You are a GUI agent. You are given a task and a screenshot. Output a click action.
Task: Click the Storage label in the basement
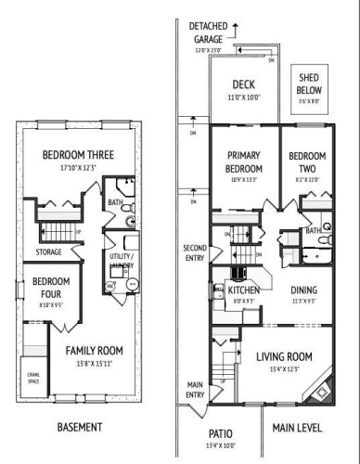pyautogui.click(x=49, y=251)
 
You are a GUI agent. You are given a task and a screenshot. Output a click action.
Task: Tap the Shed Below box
pyautogui.click(x=311, y=83)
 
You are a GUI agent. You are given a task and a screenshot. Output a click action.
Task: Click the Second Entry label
pyautogui.click(x=195, y=252)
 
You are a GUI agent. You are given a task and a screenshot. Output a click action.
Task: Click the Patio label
pyautogui.click(x=220, y=432)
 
